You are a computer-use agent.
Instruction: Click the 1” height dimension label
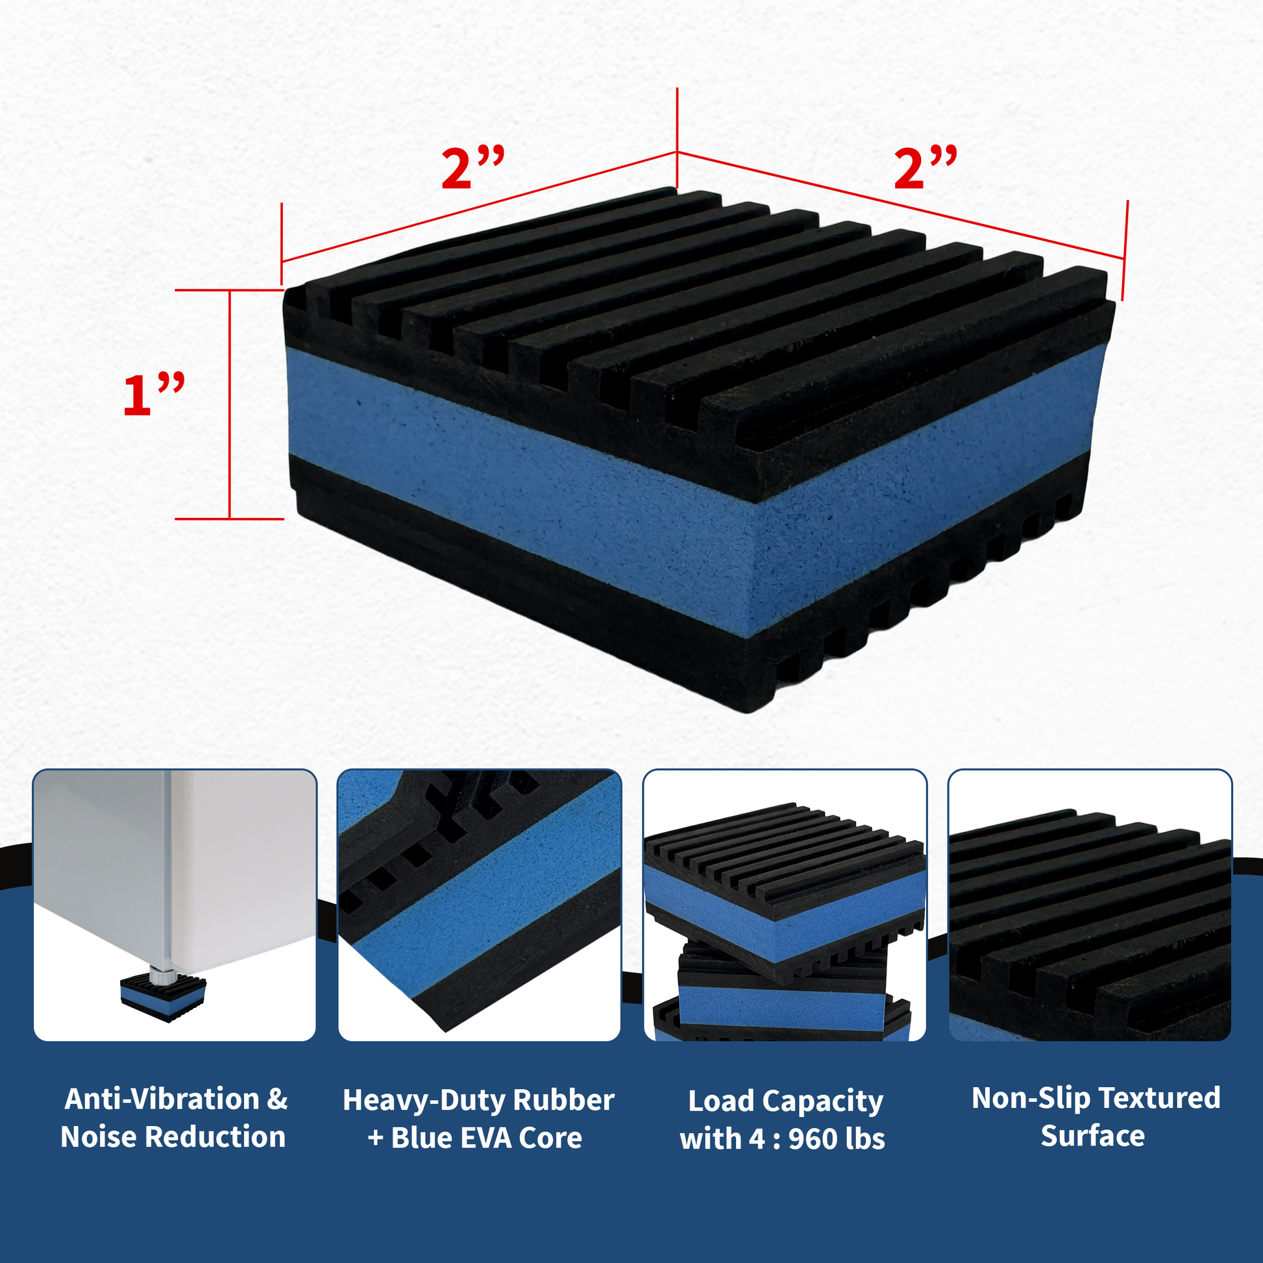tap(154, 394)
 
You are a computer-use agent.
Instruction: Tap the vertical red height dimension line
tap(230, 404)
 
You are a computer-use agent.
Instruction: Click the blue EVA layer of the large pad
tap(687, 497)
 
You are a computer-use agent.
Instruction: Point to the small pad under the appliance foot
tap(163, 997)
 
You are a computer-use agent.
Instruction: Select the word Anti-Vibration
tap(162, 1099)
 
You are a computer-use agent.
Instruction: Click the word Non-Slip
tap(1013, 1098)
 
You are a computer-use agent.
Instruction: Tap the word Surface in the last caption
tap(1092, 1136)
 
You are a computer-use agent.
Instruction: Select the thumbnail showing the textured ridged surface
tap(1090, 905)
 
